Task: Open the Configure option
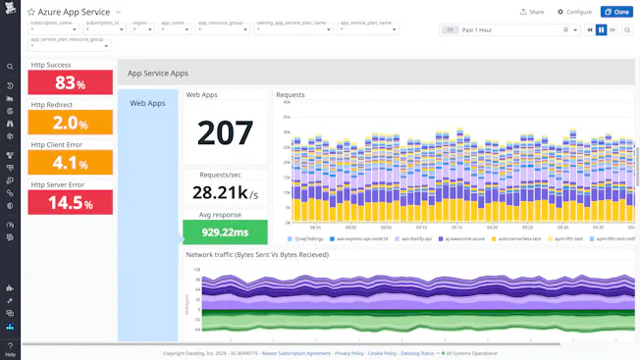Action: coord(574,12)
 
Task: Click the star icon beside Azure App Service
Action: coord(31,12)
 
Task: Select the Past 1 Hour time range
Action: coord(510,30)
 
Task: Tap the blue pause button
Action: coord(601,30)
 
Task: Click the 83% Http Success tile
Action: coord(70,82)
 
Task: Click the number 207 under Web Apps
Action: coord(225,132)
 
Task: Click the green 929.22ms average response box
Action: coord(225,232)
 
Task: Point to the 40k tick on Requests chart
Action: coord(285,102)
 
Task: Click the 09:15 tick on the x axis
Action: coord(357,225)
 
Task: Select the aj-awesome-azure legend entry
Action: coord(461,238)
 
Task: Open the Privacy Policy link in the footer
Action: coord(349,353)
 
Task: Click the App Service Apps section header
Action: coord(158,73)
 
